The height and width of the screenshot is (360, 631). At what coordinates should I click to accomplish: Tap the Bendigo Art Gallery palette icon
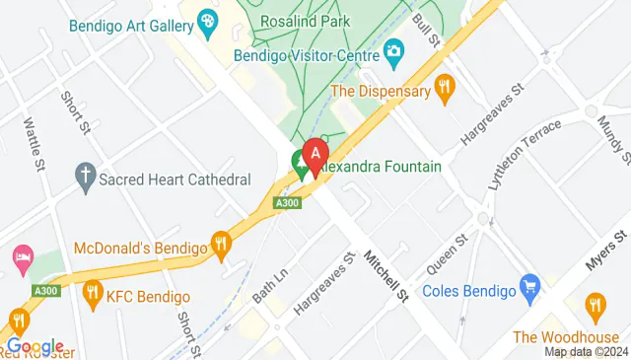(x=208, y=19)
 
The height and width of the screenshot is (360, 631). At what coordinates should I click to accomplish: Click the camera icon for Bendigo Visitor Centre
(x=392, y=50)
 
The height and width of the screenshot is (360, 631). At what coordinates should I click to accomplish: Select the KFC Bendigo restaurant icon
(x=94, y=291)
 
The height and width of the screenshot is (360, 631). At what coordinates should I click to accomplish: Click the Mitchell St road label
(x=385, y=274)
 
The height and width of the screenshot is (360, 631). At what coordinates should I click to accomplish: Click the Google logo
(x=35, y=346)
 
